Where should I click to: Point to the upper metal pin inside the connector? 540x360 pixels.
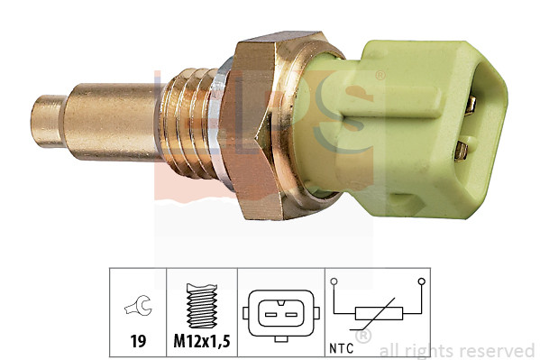coord(471,105)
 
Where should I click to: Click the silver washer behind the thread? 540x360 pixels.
coord(220,117)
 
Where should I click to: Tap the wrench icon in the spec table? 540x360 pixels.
coord(139,309)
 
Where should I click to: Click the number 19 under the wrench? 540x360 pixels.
coord(139,344)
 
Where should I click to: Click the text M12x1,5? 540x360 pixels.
coord(202,344)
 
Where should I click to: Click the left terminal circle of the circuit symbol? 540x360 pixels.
coord(334,282)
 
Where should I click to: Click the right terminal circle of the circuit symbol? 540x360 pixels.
coord(421,282)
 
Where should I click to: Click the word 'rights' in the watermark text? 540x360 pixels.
coord(435,350)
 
